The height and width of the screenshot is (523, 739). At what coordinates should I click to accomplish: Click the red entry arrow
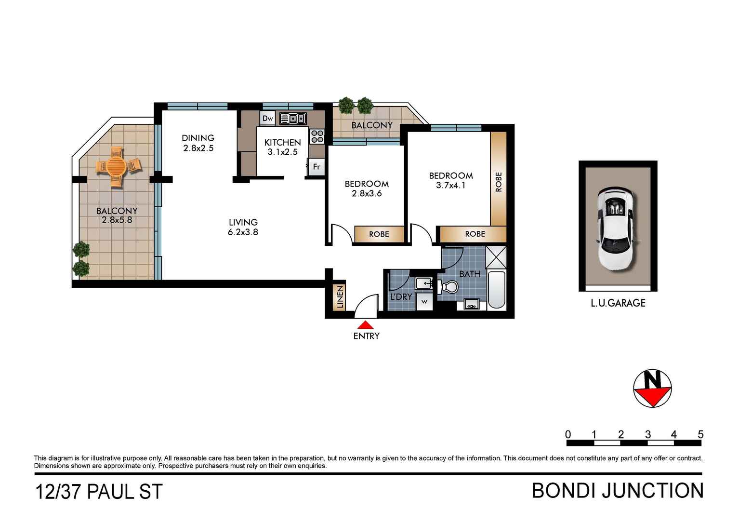click(366, 325)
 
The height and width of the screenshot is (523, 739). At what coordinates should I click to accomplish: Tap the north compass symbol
click(652, 389)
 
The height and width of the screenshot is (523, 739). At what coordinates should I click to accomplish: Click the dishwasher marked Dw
click(267, 118)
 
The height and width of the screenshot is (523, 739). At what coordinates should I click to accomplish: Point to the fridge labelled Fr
click(317, 167)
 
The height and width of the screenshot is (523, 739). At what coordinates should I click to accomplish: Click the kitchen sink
click(292, 118)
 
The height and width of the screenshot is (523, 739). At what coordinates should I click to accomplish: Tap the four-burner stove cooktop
click(317, 136)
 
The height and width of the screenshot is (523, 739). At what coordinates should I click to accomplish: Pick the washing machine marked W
click(424, 302)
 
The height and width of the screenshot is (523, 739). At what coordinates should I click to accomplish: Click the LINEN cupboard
click(340, 296)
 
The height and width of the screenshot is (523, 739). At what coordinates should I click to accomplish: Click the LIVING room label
click(243, 222)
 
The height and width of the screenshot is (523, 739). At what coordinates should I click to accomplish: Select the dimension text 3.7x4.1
click(451, 185)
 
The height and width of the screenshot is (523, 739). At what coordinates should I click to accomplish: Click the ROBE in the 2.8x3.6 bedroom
click(379, 234)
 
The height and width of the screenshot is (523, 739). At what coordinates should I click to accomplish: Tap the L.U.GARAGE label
click(618, 303)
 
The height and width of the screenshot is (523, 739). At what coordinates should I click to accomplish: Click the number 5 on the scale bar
click(700, 434)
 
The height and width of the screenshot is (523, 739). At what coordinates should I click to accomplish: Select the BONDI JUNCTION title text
click(618, 491)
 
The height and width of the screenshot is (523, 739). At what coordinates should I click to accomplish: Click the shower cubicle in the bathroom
click(496, 257)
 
